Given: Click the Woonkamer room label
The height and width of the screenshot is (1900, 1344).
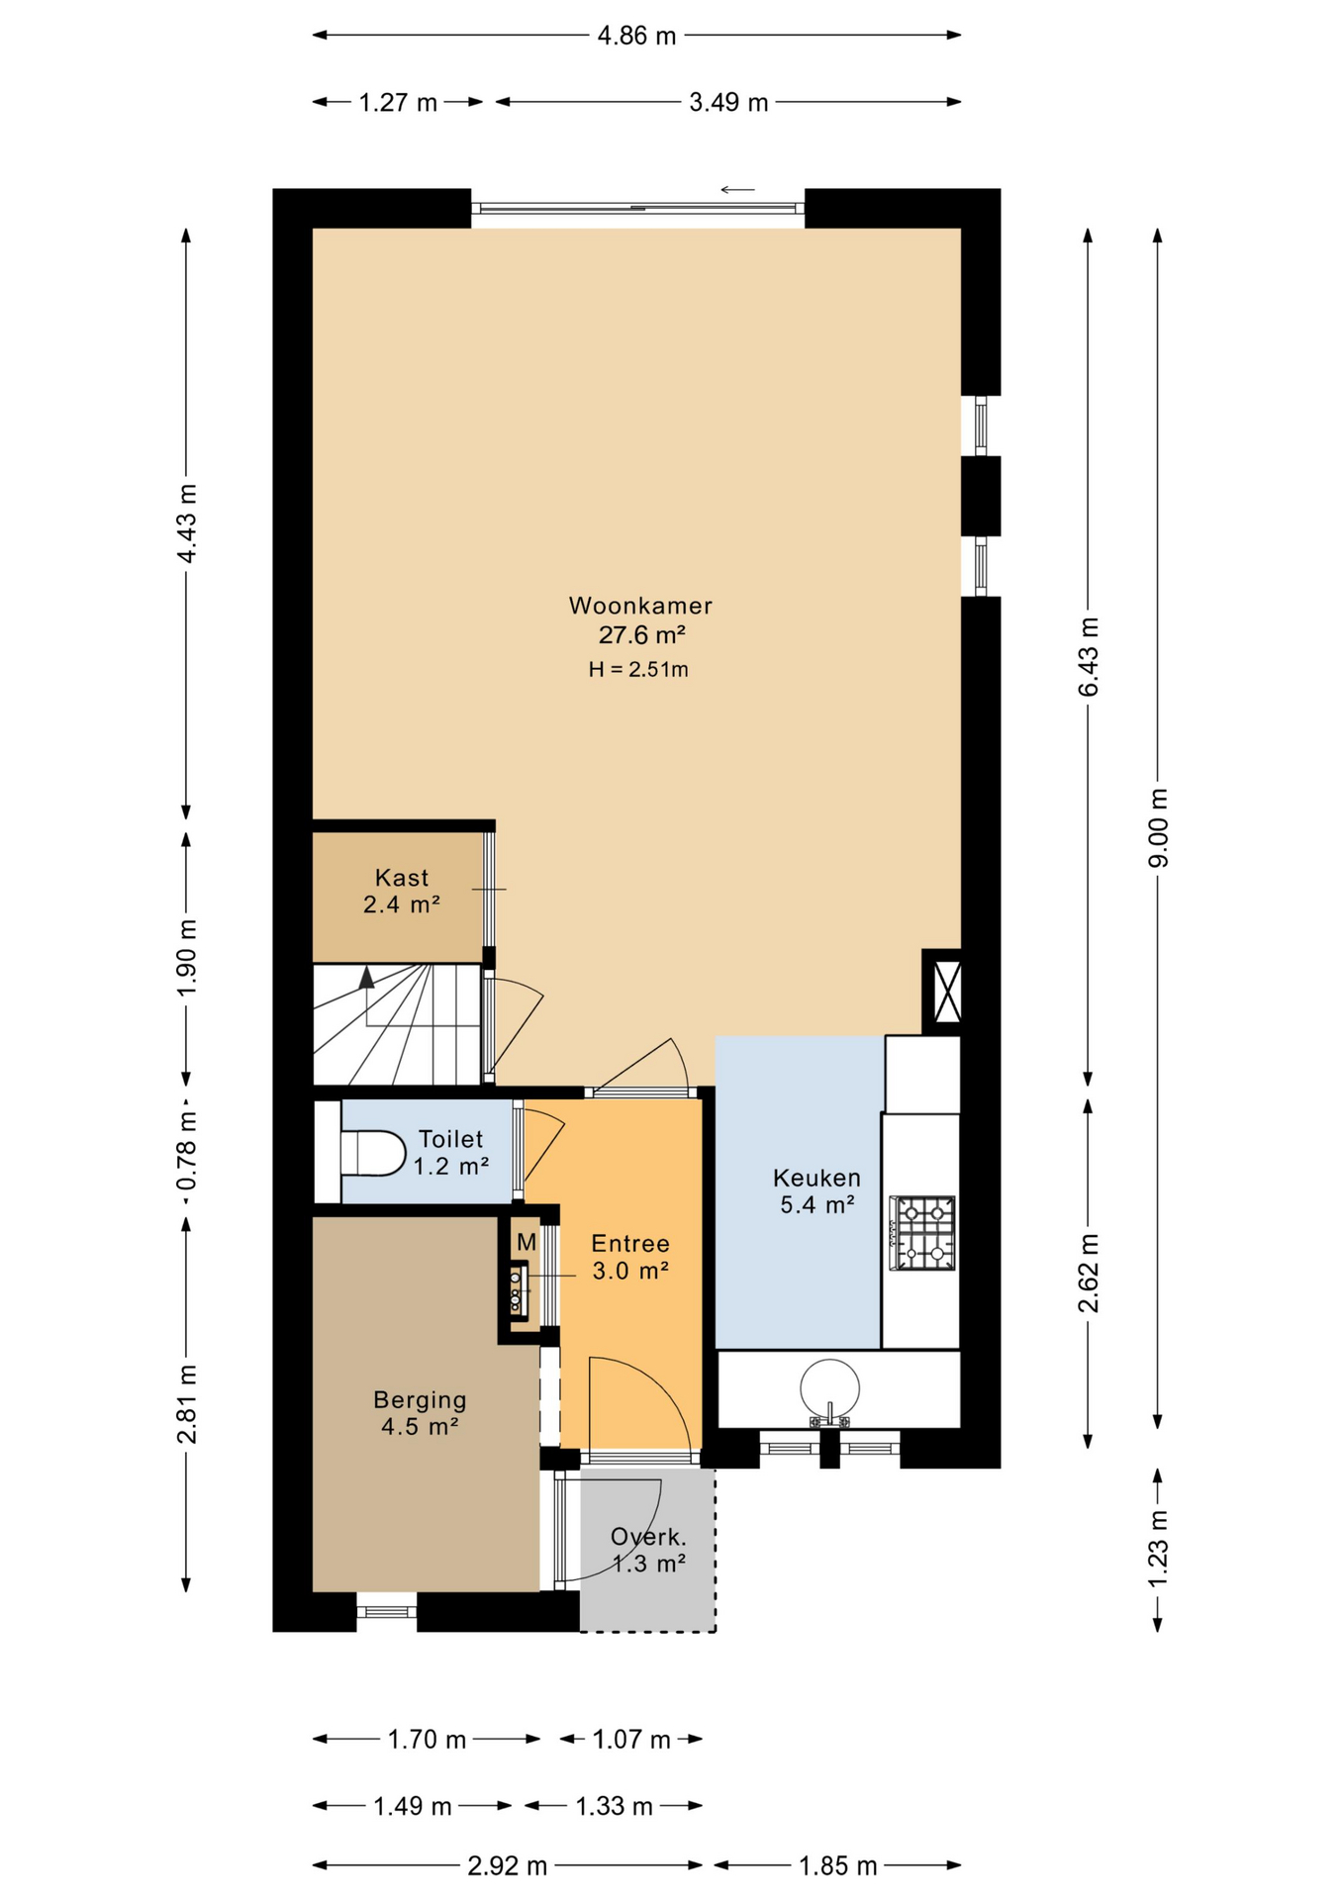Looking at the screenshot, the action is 640,606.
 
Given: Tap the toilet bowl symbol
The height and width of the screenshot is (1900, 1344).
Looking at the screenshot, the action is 373,1153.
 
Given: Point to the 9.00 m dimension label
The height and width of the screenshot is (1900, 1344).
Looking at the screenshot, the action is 1158,828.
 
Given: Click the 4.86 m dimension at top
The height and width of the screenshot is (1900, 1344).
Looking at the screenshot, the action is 636,37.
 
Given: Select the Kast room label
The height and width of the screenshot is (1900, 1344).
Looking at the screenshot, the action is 402,878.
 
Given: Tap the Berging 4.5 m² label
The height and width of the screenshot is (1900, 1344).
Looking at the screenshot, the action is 420,1413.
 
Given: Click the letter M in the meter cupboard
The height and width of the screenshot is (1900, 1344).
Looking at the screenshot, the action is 527,1242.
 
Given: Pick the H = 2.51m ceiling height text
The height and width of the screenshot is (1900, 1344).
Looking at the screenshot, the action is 638,670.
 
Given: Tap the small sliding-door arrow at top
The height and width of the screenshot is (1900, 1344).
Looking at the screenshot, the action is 738,190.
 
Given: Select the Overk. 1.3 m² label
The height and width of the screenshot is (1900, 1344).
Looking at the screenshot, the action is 648,1551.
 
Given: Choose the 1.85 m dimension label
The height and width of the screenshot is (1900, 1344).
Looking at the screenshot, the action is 838,1866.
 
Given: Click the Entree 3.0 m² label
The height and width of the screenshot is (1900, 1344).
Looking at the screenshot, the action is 630,1257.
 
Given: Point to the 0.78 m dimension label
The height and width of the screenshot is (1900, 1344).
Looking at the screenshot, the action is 186,1152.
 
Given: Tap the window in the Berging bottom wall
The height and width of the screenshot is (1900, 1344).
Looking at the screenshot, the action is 386,1612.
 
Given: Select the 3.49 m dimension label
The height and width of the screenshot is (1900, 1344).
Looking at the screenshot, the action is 728,103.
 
